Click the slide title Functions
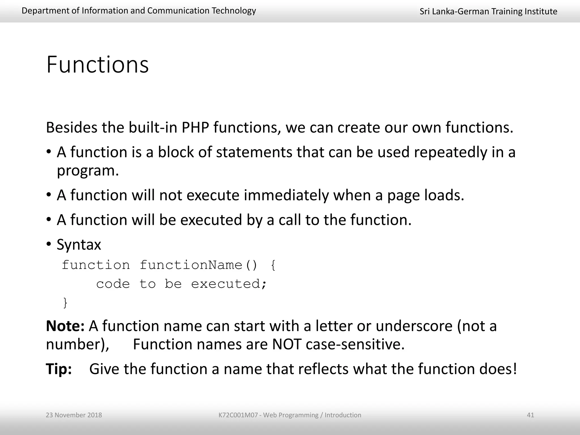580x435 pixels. (x=97, y=65)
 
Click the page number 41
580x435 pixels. (x=530, y=415)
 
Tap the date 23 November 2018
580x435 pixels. (x=74, y=415)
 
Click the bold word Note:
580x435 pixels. (x=65, y=326)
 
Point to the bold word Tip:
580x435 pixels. (x=59, y=369)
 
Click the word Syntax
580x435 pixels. (x=79, y=244)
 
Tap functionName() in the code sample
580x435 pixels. (x=198, y=265)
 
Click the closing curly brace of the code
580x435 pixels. (x=65, y=303)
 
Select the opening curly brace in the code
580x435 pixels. (x=273, y=265)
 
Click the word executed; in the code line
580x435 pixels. (x=229, y=284)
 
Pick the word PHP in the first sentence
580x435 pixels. (x=195, y=127)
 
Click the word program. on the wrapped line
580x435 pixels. (x=88, y=171)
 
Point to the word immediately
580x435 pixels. (x=286, y=195)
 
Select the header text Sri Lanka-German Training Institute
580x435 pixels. (x=488, y=11)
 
